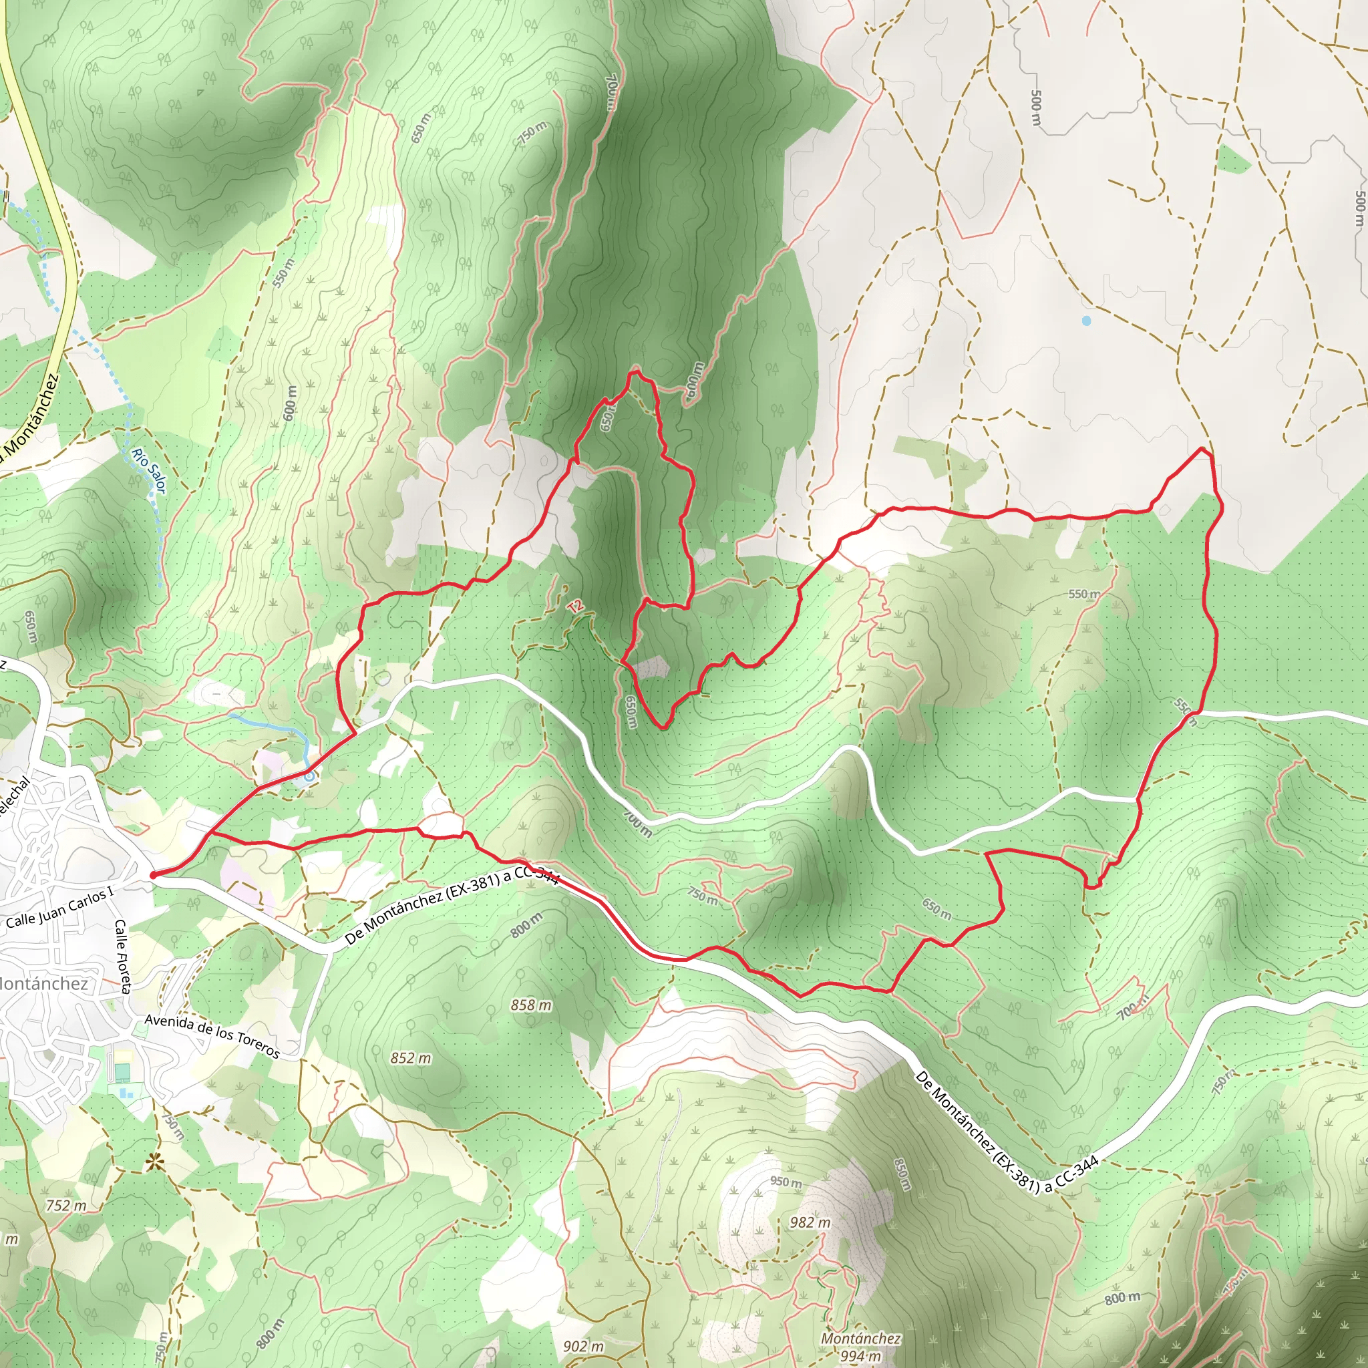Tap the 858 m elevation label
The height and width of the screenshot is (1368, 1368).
point(531,1005)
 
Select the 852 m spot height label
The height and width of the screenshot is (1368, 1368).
point(411,1058)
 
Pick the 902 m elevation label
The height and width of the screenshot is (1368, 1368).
point(583,1346)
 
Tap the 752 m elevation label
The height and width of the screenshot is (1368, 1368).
point(66,1205)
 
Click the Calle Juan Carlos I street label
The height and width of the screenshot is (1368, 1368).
point(59,909)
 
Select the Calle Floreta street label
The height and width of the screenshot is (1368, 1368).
point(122,956)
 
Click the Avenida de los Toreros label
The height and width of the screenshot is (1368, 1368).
point(212,1035)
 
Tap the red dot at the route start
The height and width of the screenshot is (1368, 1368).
point(154,875)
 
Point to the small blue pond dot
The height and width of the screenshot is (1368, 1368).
point(1086,321)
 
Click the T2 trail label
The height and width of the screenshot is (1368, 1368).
point(576,606)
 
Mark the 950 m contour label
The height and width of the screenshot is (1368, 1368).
point(786,1182)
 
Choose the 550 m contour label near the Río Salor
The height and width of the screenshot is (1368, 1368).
point(283,273)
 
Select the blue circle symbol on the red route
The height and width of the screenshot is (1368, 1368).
point(309,776)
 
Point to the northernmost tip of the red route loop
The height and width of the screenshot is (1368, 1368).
point(635,370)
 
